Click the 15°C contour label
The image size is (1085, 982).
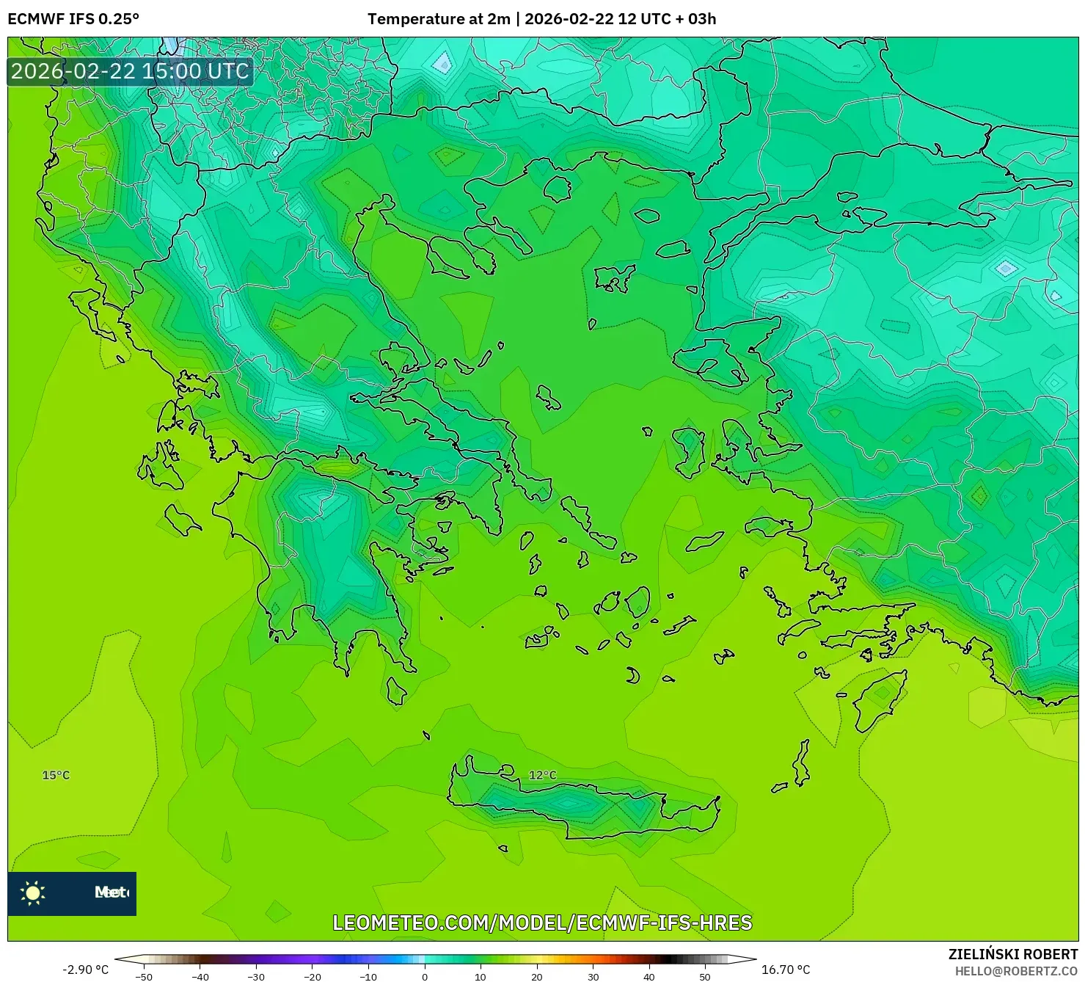tap(56, 775)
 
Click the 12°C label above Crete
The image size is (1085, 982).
tap(542, 775)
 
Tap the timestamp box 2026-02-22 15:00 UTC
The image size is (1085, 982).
tap(130, 71)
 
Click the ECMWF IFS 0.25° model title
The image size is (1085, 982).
tap(73, 19)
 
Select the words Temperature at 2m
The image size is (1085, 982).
tap(439, 19)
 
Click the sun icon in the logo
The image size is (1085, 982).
tap(33, 892)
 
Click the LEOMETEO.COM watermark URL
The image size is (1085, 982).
tap(542, 923)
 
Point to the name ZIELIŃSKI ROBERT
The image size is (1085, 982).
tap(1012, 954)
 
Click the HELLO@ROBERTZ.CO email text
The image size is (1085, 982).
tap(1016, 971)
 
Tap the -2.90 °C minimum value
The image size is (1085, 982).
tap(85, 970)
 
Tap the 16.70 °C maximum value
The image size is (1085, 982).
tap(786, 970)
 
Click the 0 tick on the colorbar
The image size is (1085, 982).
tap(425, 976)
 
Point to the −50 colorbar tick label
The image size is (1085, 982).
tap(144, 976)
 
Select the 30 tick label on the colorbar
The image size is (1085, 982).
tap(593, 976)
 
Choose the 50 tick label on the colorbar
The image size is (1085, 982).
tap(705, 976)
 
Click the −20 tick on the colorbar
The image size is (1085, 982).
tap(313, 976)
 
